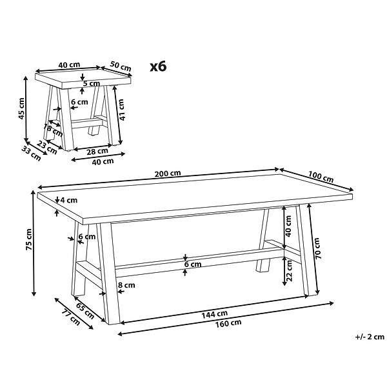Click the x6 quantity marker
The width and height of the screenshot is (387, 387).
pos(159,66)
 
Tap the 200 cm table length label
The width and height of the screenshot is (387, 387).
pos(168,174)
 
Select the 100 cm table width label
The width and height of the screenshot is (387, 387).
pos(321,177)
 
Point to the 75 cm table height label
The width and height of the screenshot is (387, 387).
pos(29,239)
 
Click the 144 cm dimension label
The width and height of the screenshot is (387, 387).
pos(215,315)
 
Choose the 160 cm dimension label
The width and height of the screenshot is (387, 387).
pos(228,323)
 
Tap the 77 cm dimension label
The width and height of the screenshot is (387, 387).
pos(71,317)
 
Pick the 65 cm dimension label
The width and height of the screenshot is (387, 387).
pos(85,311)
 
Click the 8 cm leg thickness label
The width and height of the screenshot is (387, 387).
pos(126,285)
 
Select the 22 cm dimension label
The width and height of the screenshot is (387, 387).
pos(289,271)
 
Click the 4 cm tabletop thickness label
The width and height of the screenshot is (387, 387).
pos(69,200)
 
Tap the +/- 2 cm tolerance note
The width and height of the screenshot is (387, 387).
pos(370,337)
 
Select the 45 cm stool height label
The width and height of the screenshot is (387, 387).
pos(22,108)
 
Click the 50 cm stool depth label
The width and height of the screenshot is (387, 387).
pos(121,66)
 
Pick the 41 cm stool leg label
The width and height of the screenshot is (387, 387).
pos(121,110)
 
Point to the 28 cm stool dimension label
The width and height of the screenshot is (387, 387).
pos(97,151)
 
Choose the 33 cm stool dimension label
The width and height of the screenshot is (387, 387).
pos(31,154)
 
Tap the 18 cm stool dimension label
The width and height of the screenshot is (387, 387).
pos(53,130)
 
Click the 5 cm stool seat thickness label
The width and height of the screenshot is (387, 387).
pos(92,83)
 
